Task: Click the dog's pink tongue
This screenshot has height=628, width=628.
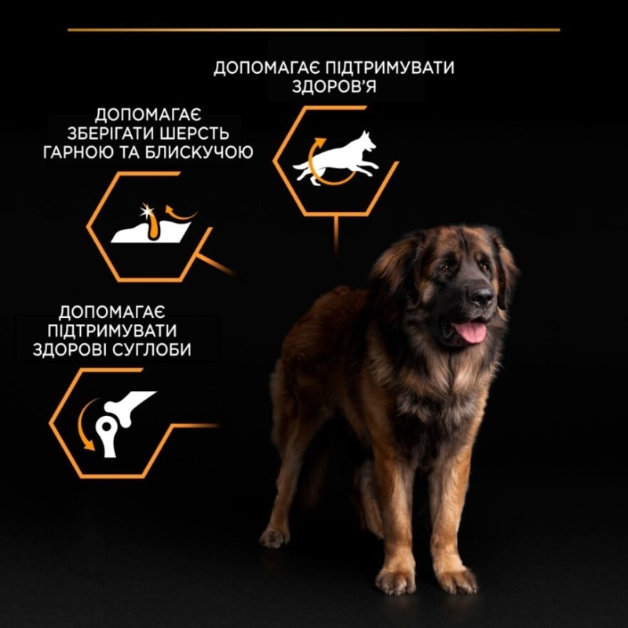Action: (x=472, y=331)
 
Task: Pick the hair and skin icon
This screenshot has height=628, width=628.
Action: (x=149, y=227)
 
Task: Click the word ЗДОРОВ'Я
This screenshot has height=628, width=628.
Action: (x=334, y=87)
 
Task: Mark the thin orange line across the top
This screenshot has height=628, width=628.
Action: (x=314, y=30)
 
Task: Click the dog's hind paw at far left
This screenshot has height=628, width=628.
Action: (x=274, y=537)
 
